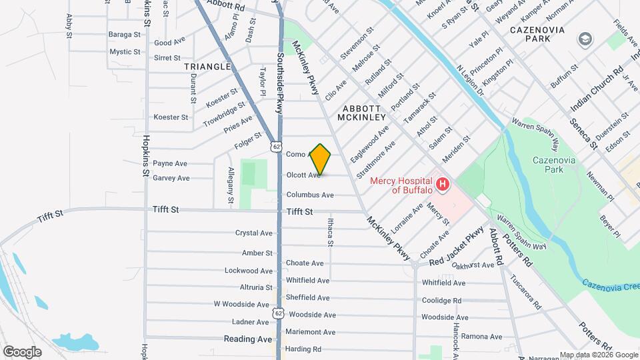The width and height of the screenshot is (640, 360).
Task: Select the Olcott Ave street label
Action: click(x=303, y=175)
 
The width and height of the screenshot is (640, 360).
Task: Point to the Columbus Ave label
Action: click(x=310, y=195)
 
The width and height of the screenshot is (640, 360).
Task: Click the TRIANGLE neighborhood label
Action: click(x=209, y=67)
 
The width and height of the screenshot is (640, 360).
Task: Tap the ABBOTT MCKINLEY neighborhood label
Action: click(x=361, y=113)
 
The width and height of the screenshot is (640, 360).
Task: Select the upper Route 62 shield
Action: click(x=276, y=145)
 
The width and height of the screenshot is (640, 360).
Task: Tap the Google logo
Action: click(x=22, y=352)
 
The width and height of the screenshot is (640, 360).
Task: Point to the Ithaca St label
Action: click(x=331, y=234)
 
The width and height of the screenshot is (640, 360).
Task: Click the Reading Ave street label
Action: click(x=248, y=339)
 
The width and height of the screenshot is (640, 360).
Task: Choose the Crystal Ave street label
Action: click(x=254, y=233)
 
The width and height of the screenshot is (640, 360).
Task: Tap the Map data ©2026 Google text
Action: click(x=598, y=355)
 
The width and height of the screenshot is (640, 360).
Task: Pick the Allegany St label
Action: click(x=231, y=185)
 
